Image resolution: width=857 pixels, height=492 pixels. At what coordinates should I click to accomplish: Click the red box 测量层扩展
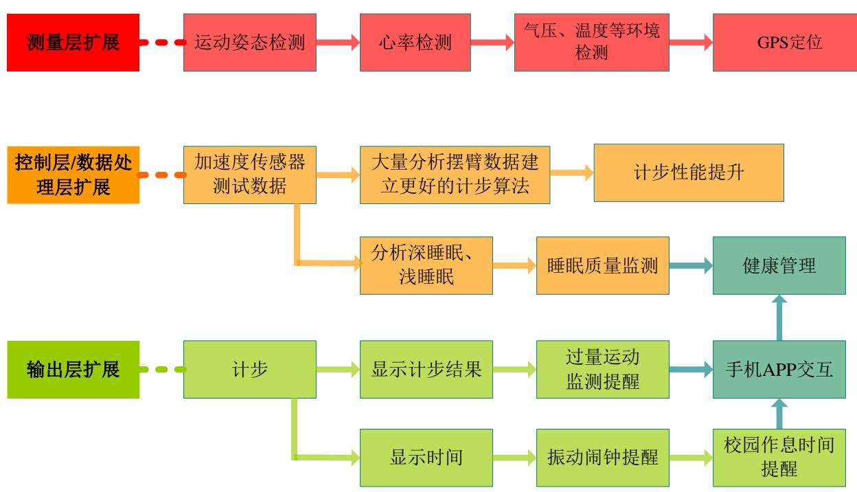[x=73, y=43]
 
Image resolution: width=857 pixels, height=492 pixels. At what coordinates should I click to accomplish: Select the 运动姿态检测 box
[x=250, y=43]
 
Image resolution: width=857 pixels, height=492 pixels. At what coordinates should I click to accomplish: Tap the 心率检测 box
[x=426, y=43]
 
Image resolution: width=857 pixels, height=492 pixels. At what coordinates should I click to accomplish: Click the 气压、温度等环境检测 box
[x=591, y=43]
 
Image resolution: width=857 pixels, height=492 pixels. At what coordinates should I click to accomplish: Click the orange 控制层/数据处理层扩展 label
[x=73, y=175]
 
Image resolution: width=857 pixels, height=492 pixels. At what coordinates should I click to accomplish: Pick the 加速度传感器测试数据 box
[x=250, y=175]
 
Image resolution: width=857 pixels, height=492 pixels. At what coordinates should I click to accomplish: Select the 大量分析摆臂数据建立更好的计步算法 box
[x=455, y=175]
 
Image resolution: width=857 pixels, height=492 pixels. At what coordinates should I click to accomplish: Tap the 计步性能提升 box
[x=689, y=173]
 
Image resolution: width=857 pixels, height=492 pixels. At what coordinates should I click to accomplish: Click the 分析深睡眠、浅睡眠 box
[x=426, y=265]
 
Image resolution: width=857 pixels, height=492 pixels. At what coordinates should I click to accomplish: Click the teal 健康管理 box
[x=779, y=265]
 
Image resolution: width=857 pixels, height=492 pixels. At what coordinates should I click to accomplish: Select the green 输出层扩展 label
[x=73, y=370]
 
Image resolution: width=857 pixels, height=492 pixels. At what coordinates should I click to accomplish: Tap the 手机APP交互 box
[x=779, y=370]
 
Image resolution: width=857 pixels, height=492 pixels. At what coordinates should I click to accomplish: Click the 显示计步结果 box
[x=426, y=370]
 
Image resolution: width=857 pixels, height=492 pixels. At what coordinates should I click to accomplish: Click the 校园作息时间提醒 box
[x=779, y=457]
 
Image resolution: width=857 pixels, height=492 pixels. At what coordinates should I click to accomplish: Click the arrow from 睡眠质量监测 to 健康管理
[x=691, y=265]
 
